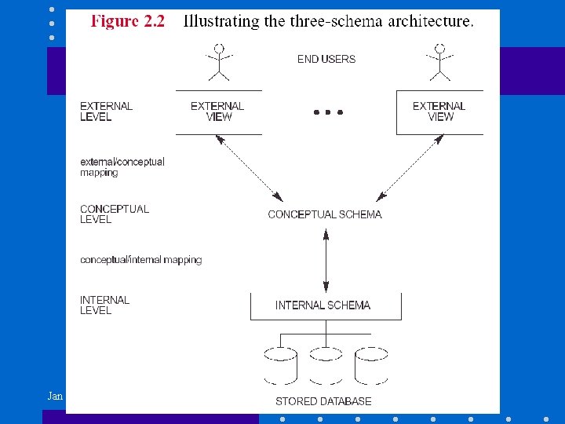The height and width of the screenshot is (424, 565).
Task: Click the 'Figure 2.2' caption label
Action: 128,21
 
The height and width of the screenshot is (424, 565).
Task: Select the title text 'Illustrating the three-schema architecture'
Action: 328,21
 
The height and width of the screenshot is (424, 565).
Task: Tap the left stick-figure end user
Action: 217,62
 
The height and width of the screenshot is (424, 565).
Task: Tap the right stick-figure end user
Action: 439,62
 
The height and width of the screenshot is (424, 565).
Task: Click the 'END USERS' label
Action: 326,59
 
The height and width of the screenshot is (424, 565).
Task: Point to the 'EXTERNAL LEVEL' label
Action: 106,111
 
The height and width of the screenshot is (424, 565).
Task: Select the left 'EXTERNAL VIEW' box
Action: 217,111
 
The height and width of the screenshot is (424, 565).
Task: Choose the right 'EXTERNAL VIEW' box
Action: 439,111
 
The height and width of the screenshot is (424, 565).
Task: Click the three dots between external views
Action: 328,112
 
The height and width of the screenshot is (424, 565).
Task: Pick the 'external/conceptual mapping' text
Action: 122,166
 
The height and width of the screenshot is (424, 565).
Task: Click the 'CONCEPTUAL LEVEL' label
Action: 114,214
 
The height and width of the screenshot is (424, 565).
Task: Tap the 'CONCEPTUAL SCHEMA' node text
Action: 325,214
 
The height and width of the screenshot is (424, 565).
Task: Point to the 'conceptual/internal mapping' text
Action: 140,260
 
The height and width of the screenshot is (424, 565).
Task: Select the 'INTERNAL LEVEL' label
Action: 104,305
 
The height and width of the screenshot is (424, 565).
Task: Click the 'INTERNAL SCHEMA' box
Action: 323,305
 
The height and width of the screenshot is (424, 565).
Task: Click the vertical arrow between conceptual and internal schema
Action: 326,259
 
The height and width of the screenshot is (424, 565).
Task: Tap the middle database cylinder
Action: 324,364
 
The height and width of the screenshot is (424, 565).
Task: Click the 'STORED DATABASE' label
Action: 323,401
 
